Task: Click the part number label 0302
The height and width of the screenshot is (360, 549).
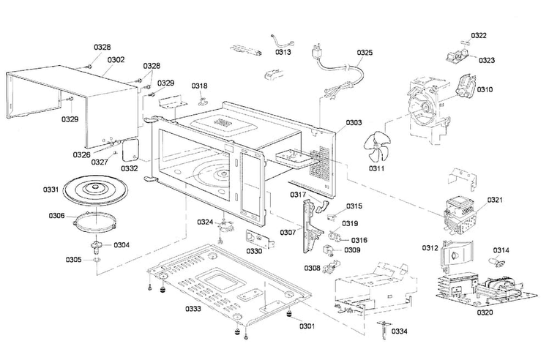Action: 116,60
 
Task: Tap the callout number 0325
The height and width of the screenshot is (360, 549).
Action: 365,52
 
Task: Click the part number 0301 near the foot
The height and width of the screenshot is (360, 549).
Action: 305,326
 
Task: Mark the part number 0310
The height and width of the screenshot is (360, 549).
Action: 485,89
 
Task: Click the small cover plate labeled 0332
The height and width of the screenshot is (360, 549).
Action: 132,151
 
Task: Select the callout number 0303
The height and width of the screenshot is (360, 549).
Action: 354,122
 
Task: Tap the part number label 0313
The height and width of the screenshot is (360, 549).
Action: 283,52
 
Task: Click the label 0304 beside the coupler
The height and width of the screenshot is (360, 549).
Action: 121,244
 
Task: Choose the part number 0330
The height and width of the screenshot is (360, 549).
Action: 254,251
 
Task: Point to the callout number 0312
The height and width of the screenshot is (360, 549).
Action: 430,247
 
